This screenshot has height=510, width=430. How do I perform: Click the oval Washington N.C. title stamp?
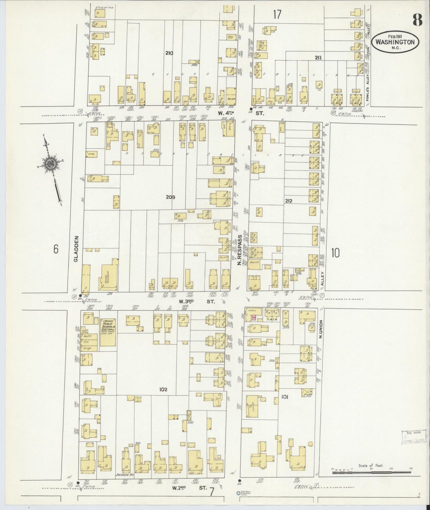point(395,42)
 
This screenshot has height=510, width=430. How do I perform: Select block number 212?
point(288,201)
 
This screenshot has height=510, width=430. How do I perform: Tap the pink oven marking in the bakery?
point(254,317)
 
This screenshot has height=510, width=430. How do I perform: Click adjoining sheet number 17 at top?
point(277,14)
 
